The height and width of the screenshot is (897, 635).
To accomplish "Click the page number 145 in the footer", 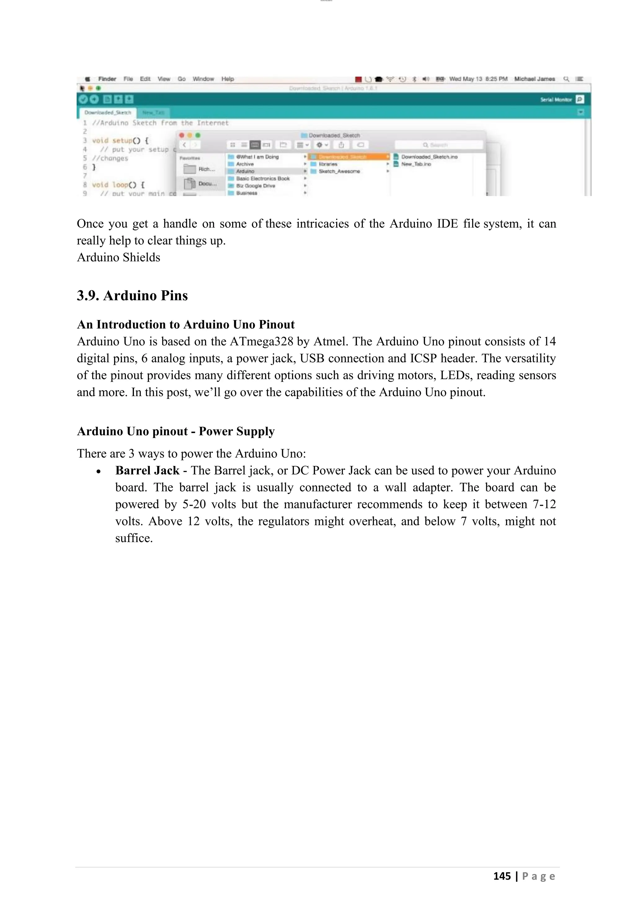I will point(502,876).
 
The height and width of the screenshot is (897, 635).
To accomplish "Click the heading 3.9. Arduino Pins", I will point(132,296).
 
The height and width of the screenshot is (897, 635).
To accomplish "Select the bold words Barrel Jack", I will point(147,470).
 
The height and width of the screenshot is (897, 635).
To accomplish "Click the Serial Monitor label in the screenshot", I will point(556,100).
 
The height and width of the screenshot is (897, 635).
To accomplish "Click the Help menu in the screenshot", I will point(228,79).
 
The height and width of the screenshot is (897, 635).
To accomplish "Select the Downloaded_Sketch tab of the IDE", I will point(108,112).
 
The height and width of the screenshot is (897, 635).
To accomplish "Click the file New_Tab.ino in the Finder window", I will point(416,164).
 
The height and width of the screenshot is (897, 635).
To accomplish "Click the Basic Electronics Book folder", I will point(262,178).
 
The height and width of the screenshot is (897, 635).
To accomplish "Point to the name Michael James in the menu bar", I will point(535,79).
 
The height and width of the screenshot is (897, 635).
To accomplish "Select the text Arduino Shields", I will point(118,257).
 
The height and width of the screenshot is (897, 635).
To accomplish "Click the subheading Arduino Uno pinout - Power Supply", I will point(175,431).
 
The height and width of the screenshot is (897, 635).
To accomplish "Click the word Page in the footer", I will point(539,876).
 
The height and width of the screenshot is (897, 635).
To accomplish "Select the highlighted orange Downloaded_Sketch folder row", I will point(348,157).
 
